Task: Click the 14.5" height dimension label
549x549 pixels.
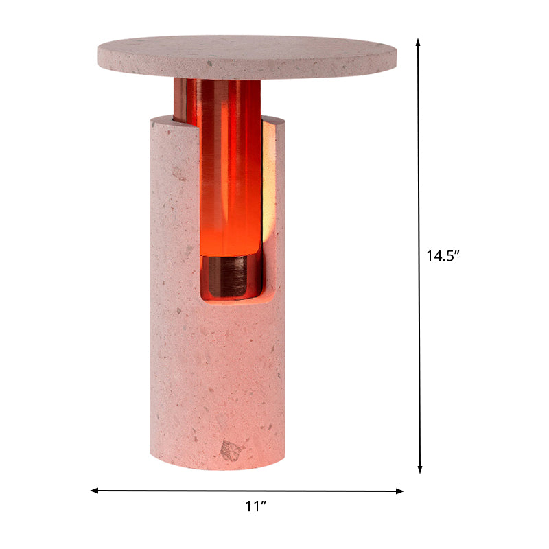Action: [442, 256]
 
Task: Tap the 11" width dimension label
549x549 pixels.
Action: [255, 506]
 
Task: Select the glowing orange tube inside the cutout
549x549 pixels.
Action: [230, 185]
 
